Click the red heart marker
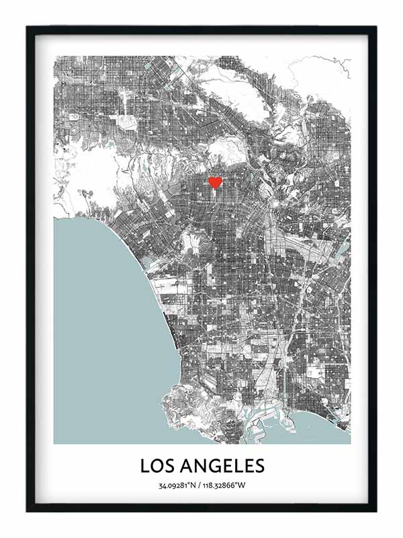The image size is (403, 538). click(215, 182)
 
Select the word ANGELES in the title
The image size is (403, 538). click(223, 465)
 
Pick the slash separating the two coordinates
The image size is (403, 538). click(201, 486)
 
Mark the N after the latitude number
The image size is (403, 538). click(194, 486)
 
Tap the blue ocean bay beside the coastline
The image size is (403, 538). click(101, 323)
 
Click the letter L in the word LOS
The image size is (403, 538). click(145, 465)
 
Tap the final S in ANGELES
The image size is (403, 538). click(259, 465)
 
